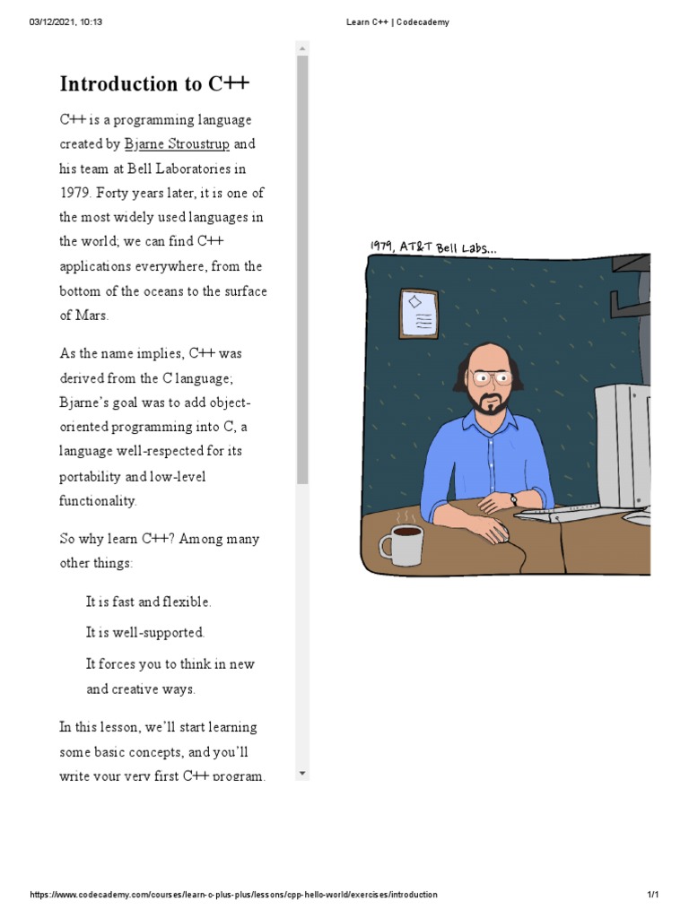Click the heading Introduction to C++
(x=154, y=84)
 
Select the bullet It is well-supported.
(x=144, y=632)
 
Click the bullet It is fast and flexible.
(x=148, y=602)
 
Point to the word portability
(x=93, y=476)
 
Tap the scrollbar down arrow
(x=302, y=773)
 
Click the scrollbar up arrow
(x=302, y=48)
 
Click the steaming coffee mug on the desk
(x=401, y=543)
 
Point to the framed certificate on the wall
(x=418, y=313)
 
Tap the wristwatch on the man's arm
(x=514, y=499)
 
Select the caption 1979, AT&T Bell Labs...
(x=431, y=247)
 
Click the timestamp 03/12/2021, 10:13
(x=65, y=22)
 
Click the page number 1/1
(x=653, y=895)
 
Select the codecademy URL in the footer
(x=233, y=895)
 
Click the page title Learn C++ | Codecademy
(x=397, y=22)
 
